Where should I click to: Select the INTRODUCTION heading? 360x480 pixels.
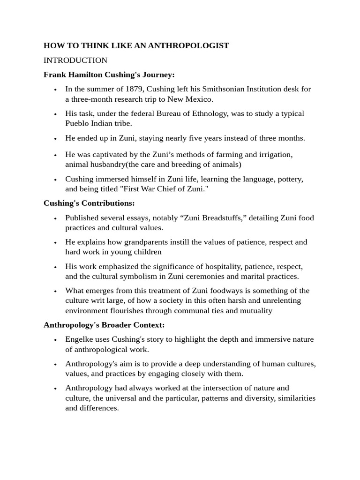pos(75,60)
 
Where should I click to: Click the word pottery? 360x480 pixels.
pos(290,179)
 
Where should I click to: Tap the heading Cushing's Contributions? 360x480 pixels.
pos(89,203)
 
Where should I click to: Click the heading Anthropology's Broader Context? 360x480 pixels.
pos(104,325)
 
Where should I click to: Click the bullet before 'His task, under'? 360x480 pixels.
pos(55,114)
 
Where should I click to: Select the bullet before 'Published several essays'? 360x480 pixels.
pos(55,218)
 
